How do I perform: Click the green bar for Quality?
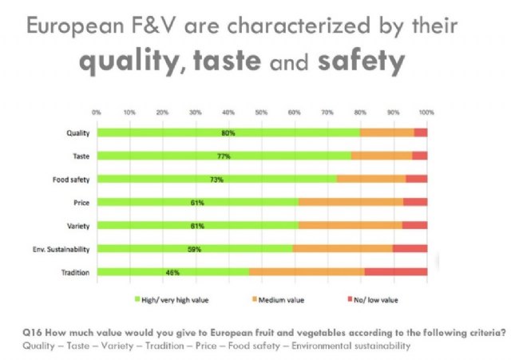[x=228, y=133]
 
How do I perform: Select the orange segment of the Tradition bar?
[x=307, y=272]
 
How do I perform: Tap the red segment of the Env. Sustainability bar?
[x=410, y=249]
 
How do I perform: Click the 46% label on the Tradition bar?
[x=172, y=272]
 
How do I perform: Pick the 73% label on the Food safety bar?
[x=216, y=180]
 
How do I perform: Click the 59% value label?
[x=192, y=249]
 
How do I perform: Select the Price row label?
[x=78, y=203]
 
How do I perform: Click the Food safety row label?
[x=70, y=180]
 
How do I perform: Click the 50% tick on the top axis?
[x=261, y=111]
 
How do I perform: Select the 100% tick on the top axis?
[x=426, y=111]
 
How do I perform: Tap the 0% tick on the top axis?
[x=97, y=111]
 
